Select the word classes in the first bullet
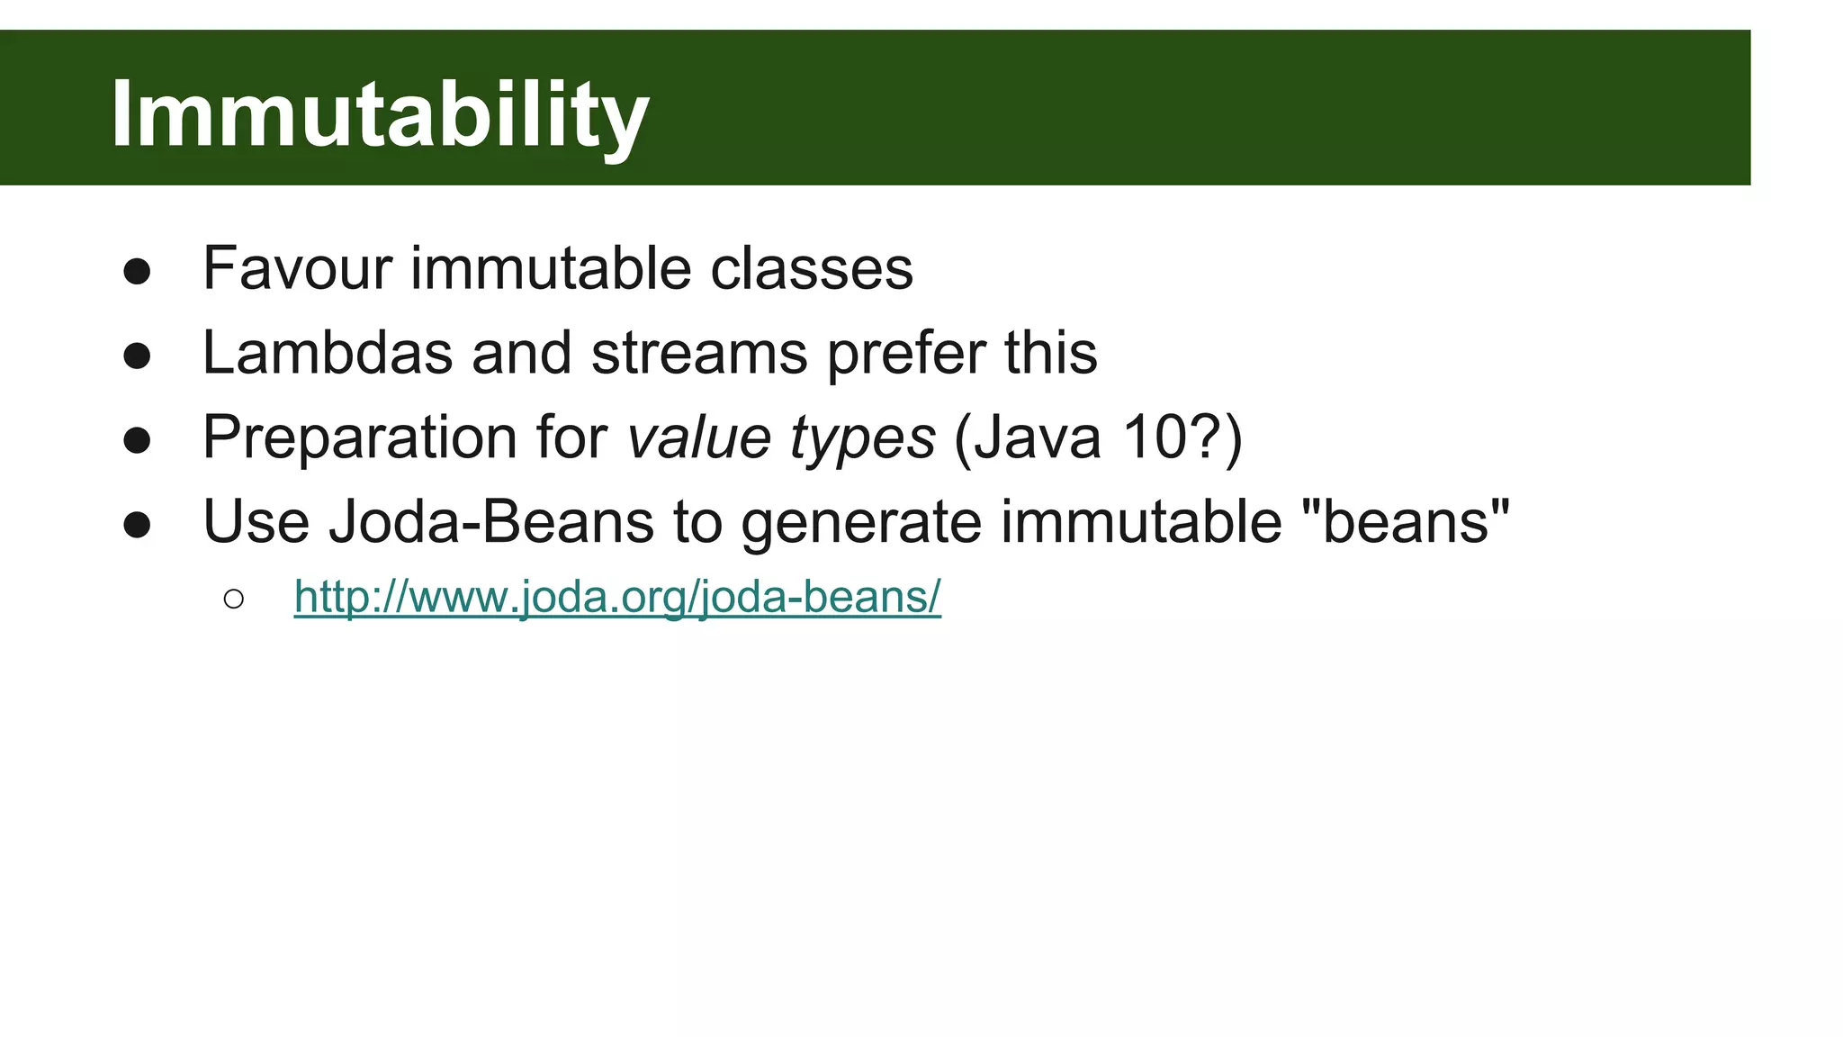812,268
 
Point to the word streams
699,352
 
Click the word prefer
906,352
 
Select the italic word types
862,438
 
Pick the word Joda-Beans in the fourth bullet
490,521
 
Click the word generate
860,521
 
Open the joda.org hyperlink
617,597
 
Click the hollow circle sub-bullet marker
233,600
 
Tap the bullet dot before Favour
137,272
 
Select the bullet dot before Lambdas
137,356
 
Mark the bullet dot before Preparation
137,441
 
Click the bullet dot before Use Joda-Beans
137,525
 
